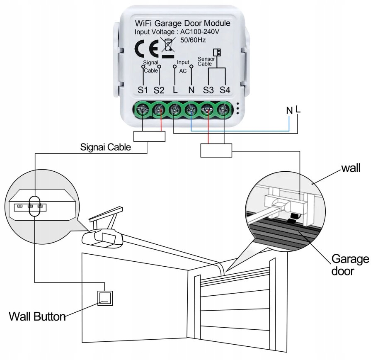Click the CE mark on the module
tap(147, 49)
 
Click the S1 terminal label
tap(143, 90)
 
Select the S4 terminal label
tap(225, 90)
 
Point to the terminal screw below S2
tap(159, 110)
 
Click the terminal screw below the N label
tap(191, 110)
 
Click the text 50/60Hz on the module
tap(193, 40)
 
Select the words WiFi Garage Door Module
tap(182, 23)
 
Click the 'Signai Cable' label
tap(105, 147)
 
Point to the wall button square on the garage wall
tap(105, 298)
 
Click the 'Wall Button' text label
tap(37, 317)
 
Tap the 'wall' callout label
tap(351, 168)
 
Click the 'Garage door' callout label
tap(350, 265)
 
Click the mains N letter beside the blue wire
tap(289, 111)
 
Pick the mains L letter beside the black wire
tap(298, 109)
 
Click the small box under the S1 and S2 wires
tap(149, 136)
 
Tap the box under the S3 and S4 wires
tap(216, 150)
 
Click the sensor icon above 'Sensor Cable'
tap(217, 52)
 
